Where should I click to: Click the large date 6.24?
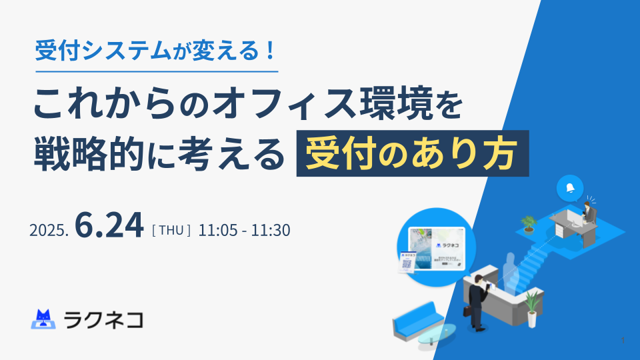(x=109, y=225)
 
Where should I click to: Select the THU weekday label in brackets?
(x=171, y=230)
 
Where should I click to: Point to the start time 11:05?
(x=218, y=230)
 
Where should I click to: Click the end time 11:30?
(x=270, y=230)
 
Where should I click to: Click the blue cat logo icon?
(x=43, y=319)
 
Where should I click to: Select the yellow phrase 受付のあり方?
(x=412, y=153)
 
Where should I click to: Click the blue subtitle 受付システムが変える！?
(x=155, y=51)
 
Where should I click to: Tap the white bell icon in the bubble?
(x=570, y=188)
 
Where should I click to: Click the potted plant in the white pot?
(x=532, y=309)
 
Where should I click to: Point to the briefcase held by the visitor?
(x=467, y=311)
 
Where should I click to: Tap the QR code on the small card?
(x=407, y=264)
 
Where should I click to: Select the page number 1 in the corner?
(x=623, y=340)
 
